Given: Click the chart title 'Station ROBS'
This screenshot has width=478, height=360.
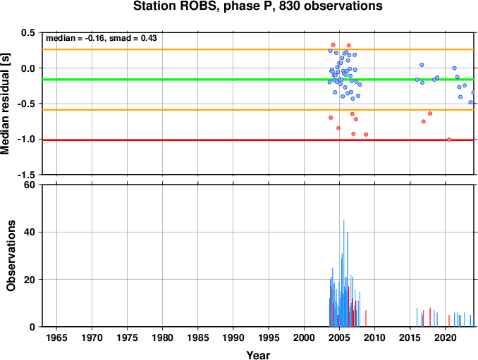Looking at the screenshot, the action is coord(175,6).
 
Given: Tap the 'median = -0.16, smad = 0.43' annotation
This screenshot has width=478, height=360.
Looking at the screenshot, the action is coord(102,38).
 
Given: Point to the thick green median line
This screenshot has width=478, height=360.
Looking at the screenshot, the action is coord(258,80).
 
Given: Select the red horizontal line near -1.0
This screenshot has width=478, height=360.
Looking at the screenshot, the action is coord(258,140).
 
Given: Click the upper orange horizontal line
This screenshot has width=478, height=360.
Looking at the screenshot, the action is coord(258,49).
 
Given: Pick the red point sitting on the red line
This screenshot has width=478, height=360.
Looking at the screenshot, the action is coord(449,139).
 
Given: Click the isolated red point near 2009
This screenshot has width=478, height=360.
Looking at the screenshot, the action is coord(366,135).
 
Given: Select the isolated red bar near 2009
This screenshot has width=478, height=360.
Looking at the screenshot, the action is coord(366,318).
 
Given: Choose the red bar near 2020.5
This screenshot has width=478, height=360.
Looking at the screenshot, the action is coord(449,321).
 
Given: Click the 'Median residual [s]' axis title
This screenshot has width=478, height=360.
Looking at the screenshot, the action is coord(5,104).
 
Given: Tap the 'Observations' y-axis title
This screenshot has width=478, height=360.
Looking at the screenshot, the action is coord(11,256).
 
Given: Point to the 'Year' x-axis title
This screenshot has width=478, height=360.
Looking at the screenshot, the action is coord(258,355).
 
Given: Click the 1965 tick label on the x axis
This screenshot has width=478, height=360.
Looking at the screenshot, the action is coord(56,337).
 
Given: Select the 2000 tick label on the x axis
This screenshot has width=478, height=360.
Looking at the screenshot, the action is coord(304,337).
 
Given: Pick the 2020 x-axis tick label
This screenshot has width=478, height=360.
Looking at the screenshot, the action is coord(446,337).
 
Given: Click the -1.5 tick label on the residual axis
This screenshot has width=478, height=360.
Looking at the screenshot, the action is coord(26,175).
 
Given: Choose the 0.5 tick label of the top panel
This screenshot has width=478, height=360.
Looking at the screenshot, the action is coord(28,32).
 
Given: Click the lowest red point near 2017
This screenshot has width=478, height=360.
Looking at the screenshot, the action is coord(424,121).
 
